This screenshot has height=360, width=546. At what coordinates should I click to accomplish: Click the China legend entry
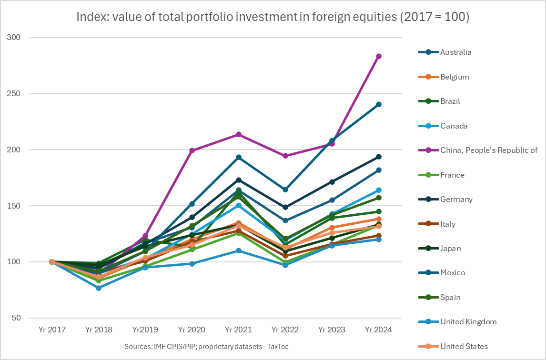coord(488,150)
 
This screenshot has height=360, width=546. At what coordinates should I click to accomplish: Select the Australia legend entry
coord(455,52)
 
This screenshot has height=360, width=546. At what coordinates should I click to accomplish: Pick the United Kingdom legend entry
coord(468,321)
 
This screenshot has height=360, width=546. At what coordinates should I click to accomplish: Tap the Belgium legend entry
coord(455,77)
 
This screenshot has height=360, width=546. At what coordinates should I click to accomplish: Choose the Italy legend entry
coord(448,224)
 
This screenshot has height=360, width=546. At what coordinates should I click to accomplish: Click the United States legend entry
coord(464,346)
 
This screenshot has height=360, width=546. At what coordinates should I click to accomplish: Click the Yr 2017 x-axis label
coord(52,330)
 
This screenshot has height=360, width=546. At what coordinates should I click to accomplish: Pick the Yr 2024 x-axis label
coord(379,330)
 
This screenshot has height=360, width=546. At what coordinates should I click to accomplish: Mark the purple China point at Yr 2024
coord(379,56)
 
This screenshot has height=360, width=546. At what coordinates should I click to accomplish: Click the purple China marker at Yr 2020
coord(192,150)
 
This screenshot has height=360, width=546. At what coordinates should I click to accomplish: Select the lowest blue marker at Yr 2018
coord(99,288)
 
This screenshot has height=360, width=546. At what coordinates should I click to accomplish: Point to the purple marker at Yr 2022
coord(285,156)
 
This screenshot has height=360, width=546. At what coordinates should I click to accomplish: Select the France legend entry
coord(452,175)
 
